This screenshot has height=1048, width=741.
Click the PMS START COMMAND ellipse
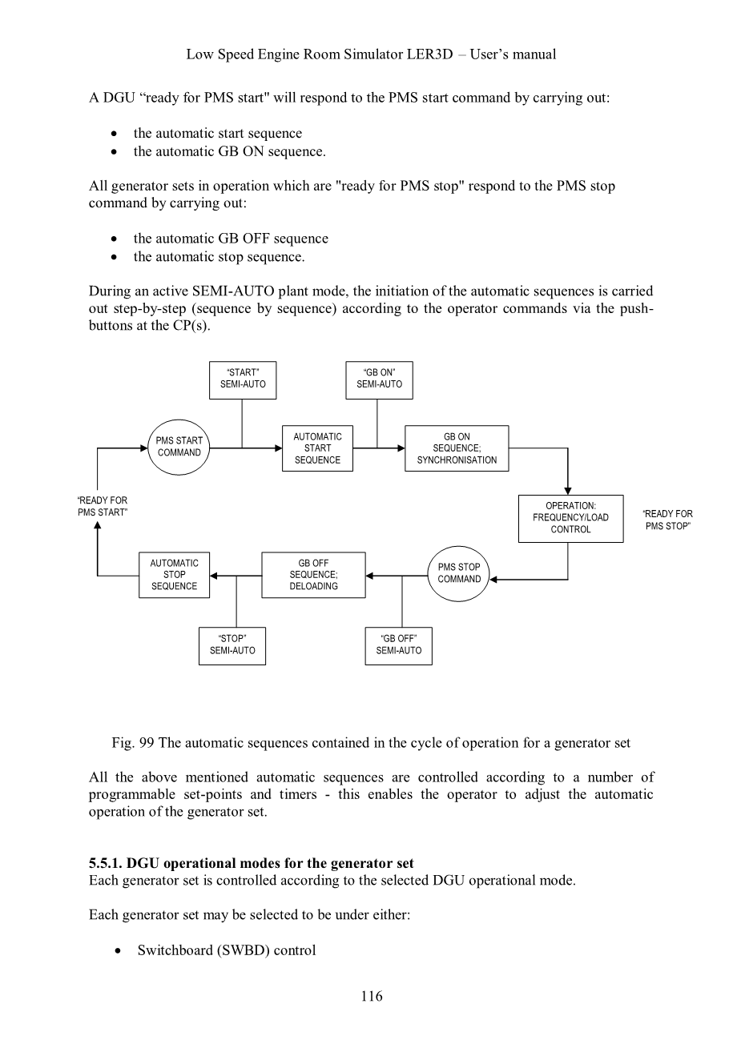179,447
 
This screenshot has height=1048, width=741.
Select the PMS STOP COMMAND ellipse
459,573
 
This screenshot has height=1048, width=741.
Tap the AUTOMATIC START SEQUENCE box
317,448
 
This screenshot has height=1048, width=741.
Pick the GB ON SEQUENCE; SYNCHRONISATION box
457,448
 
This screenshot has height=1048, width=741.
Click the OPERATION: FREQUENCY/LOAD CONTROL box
570,518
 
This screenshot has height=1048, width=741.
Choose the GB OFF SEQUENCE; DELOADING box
313,575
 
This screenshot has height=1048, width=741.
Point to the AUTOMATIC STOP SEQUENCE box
174,575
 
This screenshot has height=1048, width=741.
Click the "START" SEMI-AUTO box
243,379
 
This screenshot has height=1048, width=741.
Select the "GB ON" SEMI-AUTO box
379,379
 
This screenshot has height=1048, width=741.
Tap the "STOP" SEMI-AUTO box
232,645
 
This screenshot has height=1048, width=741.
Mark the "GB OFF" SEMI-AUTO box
398,645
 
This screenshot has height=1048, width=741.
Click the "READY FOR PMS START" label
102,507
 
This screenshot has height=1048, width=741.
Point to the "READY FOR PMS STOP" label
667,520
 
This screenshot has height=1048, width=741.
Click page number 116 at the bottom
371,996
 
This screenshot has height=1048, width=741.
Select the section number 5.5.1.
107,863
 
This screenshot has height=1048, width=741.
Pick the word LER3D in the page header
431,54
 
